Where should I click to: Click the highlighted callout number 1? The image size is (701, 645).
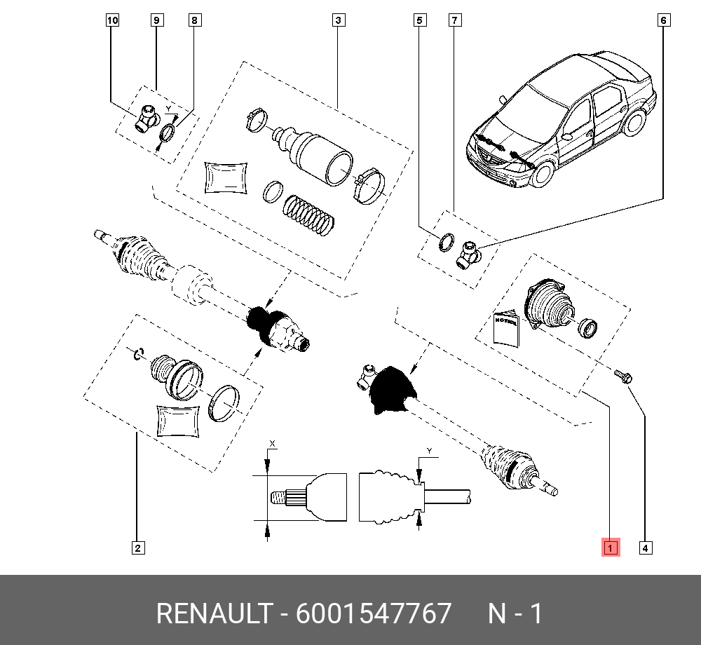point(611,548)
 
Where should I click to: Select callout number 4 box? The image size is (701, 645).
point(645,548)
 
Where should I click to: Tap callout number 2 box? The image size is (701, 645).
point(138,548)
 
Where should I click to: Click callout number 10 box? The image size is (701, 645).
point(113,20)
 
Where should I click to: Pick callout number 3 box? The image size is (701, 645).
point(339,20)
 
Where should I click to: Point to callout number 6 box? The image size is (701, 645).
point(664,20)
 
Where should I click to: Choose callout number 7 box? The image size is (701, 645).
point(455,20)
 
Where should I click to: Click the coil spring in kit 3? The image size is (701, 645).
point(308,215)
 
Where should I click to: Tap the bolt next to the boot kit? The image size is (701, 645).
point(622,376)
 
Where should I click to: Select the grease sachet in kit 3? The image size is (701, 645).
point(226,177)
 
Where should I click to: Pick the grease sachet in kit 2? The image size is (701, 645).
point(178,421)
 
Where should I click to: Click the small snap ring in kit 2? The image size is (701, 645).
point(139,353)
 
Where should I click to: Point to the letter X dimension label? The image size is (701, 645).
point(272,444)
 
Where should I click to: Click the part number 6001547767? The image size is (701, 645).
point(374,613)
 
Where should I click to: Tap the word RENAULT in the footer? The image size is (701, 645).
point(214,613)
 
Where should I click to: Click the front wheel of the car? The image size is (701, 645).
point(543,173)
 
